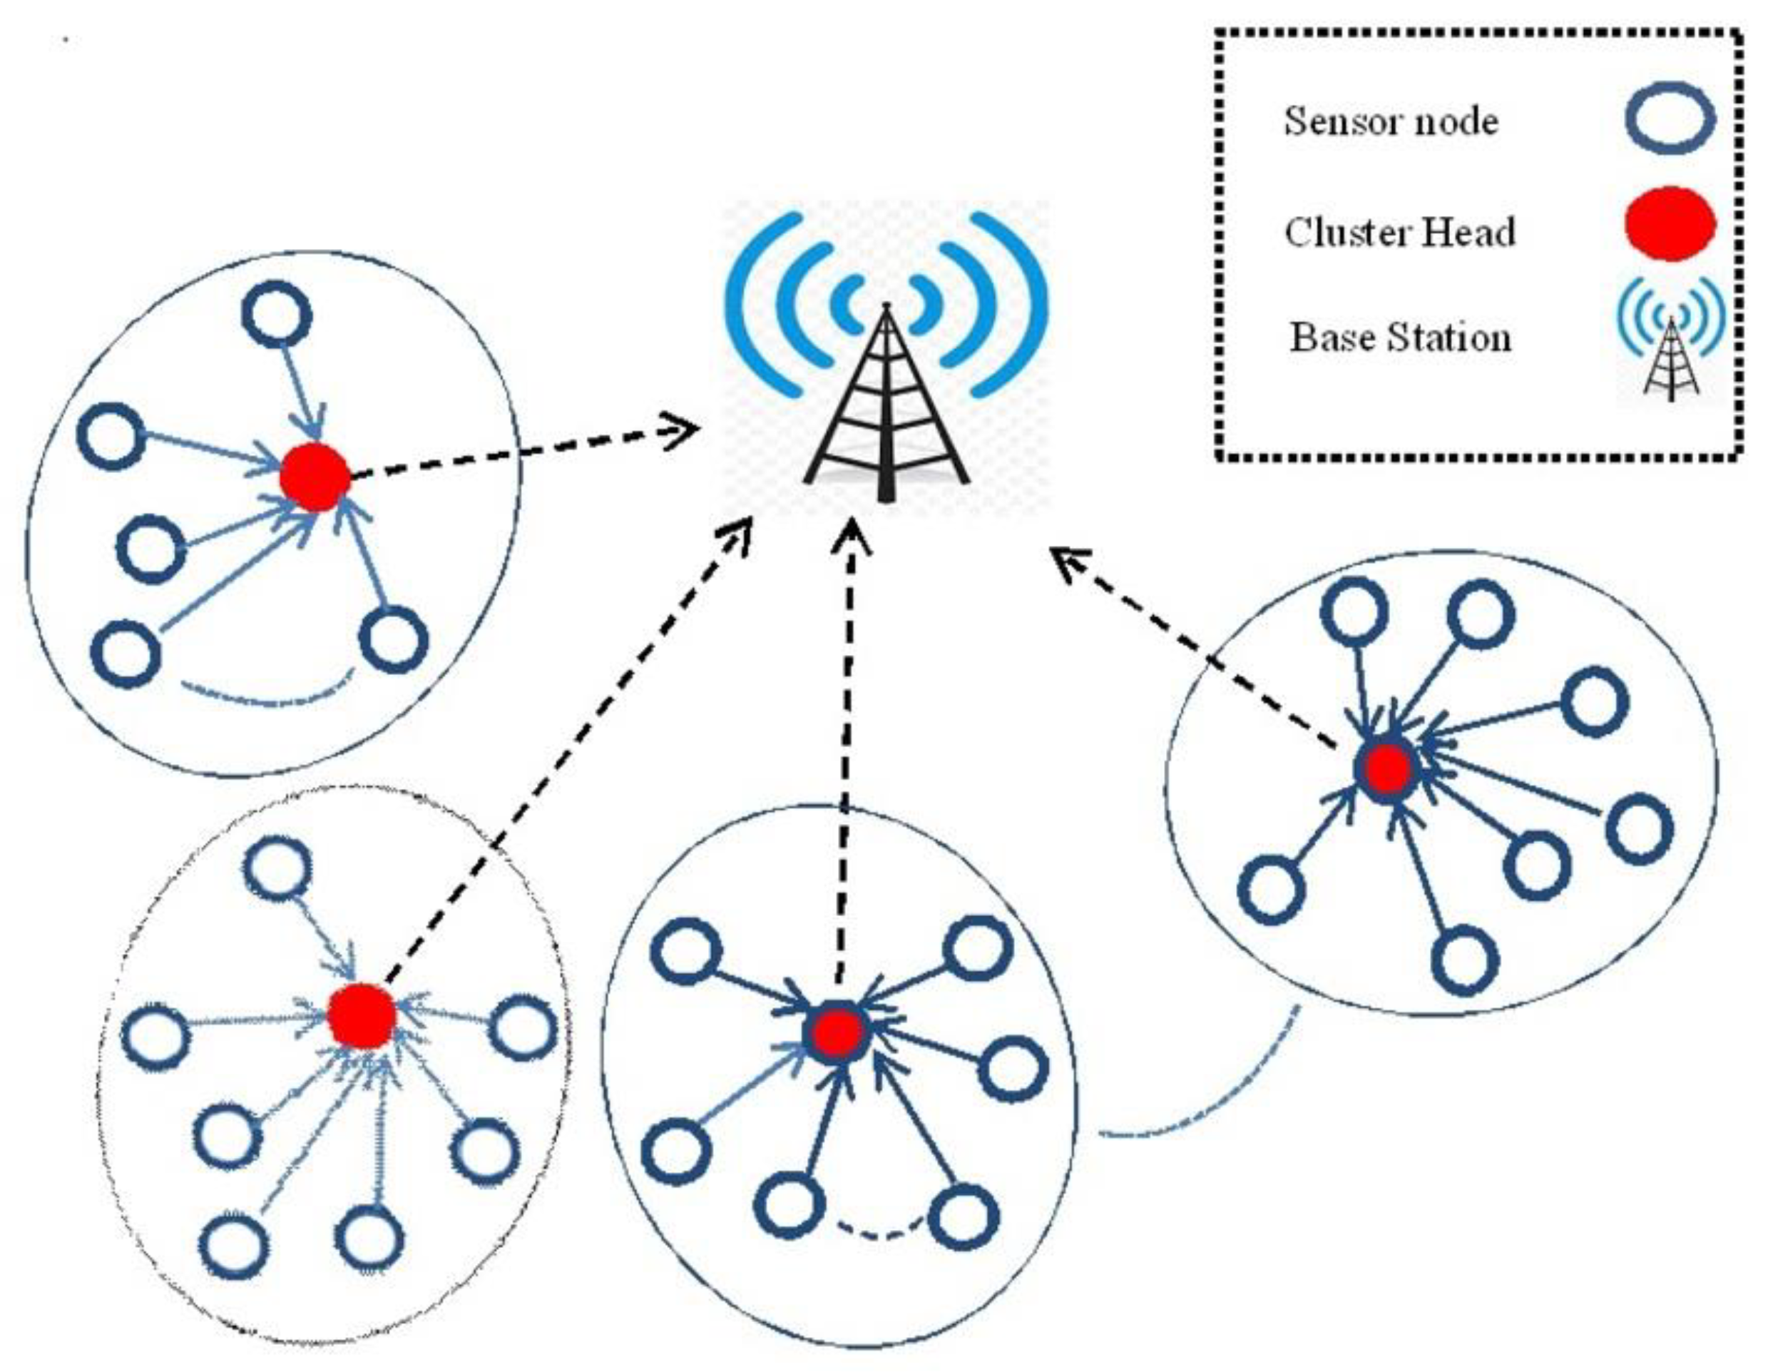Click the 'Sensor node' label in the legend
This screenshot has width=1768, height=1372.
pos(1391,122)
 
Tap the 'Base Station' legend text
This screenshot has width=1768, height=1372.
pos(1400,337)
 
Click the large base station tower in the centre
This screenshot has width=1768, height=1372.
pos(886,405)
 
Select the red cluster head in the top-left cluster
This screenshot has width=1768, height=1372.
pos(315,478)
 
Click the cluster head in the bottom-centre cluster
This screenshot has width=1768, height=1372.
pos(837,1032)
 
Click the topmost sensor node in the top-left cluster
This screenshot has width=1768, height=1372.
pos(277,314)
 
